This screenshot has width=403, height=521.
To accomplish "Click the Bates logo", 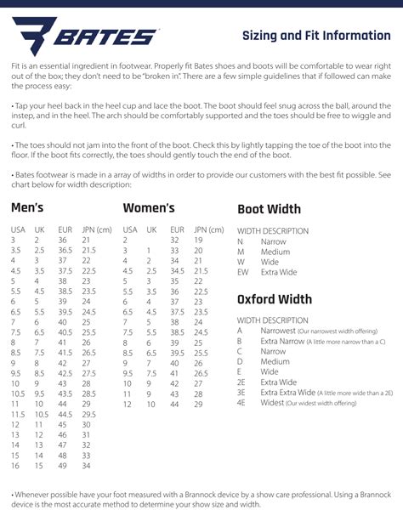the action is (86, 36).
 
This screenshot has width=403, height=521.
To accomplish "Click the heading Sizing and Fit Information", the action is (316, 36).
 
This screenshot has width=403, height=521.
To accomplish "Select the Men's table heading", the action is (27, 208).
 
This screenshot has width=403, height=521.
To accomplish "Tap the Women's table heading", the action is (149, 208).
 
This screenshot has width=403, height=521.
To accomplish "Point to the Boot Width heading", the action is (269, 209).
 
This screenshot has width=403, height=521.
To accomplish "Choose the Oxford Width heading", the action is (274, 299).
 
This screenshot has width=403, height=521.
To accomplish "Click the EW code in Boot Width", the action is (242, 272).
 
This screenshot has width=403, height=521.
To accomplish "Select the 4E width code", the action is (241, 403).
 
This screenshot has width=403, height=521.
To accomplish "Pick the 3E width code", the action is (241, 393).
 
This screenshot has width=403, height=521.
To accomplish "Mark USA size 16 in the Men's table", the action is (14, 465).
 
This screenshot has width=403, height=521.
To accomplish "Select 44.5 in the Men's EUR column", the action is (65, 414).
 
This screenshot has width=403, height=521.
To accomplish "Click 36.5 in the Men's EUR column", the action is (65, 251).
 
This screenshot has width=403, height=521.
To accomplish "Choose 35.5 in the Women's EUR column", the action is (177, 292).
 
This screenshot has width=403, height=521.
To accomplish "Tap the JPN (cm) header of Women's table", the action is (211, 230).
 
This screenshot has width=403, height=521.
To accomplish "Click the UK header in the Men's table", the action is (39, 230).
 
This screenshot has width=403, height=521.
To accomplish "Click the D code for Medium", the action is (240, 361).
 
